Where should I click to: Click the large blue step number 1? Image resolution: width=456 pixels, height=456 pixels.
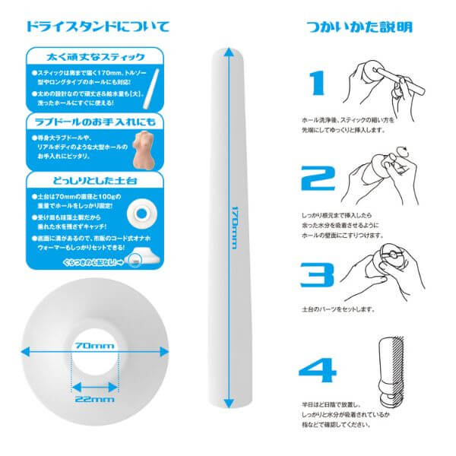click(317, 86)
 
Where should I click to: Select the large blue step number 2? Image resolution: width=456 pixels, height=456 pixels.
click(318, 179)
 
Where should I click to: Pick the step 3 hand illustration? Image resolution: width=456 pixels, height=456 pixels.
click(381, 274)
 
